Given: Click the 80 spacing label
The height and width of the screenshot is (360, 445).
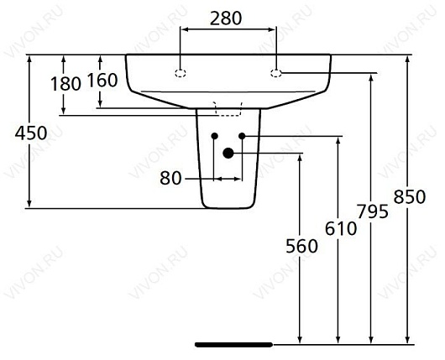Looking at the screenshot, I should pyautogui.click(x=172, y=178).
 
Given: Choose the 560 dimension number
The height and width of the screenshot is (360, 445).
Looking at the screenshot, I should pyautogui.click(x=301, y=246).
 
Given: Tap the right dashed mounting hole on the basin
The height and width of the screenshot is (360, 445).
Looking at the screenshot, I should pyautogui.click(x=276, y=73).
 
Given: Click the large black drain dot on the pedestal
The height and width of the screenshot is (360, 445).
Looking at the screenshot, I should pyautogui.click(x=228, y=153).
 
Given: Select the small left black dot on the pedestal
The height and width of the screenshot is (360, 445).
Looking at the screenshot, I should pyautogui.click(x=215, y=136).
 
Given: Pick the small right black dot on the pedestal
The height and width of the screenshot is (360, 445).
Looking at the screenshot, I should pyautogui.click(x=242, y=136).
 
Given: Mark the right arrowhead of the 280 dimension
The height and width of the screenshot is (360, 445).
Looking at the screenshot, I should pyautogui.click(x=272, y=30).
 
